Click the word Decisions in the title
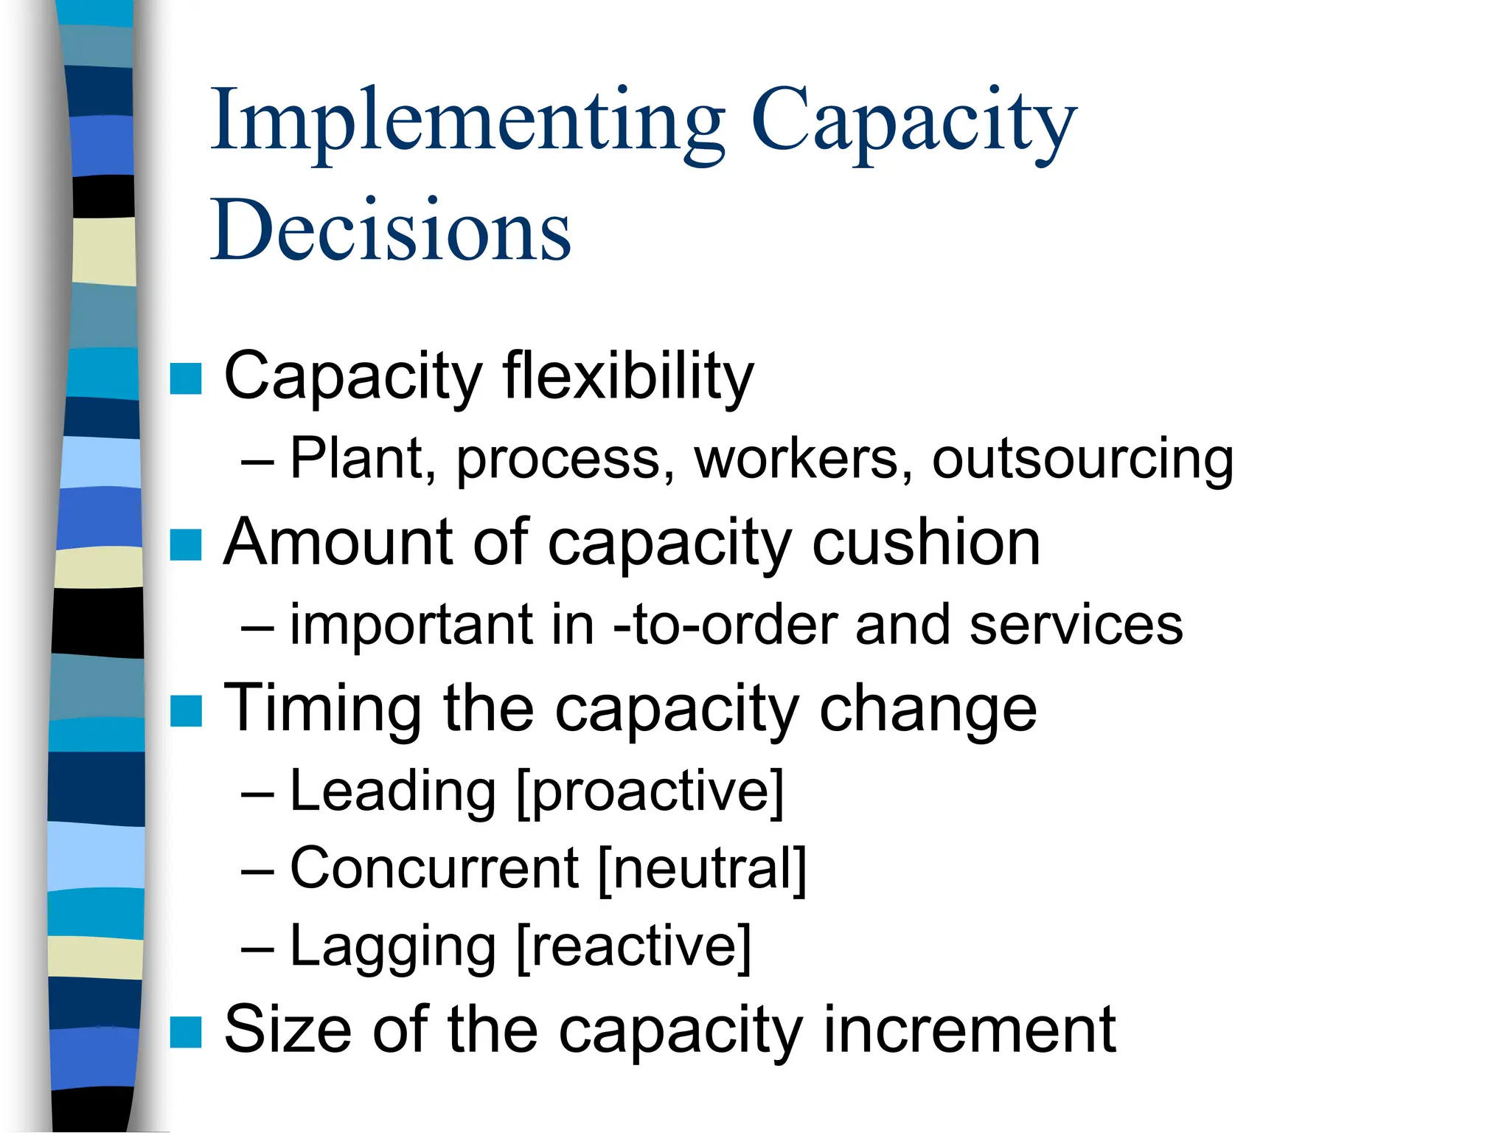(x=391, y=230)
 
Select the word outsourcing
(x=1082, y=460)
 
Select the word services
(x=1076, y=626)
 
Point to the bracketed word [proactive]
(x=650, y=792)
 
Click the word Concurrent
(x=434, y=869)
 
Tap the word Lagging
(x=393, y=948)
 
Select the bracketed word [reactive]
(x=633, y=948)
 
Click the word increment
(x=969, y=1030)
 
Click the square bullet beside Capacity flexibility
(x=186, y=379)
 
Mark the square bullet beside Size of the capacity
(x=186, y=1032)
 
